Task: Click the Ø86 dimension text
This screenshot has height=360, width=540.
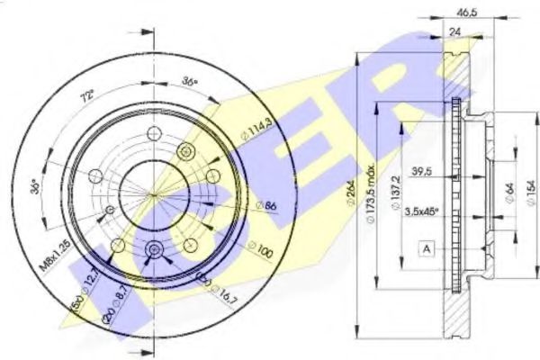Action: pos(241,208)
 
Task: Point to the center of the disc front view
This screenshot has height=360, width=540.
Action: pos(154,194)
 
